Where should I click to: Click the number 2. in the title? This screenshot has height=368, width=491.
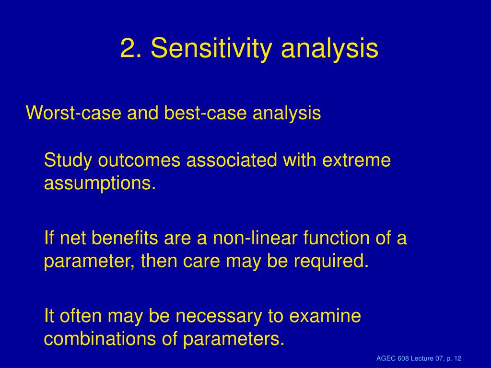(x=131, y=48)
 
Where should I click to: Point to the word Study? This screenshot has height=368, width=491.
(x=68, y=161)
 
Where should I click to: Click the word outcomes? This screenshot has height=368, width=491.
(x=140, y=160)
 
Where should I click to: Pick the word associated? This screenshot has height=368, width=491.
(x=232, y=160)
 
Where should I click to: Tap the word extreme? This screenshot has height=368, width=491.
(x=356, y=161)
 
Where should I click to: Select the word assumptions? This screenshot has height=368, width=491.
(x=100, y=184)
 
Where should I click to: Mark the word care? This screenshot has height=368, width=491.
(x=201, y=261)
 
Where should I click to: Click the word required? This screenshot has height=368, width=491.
(x=331, y=262)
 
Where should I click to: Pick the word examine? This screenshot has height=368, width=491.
(x=325, y=316)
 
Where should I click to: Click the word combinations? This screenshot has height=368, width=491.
(x=100, y=339)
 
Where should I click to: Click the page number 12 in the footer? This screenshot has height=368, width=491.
(x=457, y=358)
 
